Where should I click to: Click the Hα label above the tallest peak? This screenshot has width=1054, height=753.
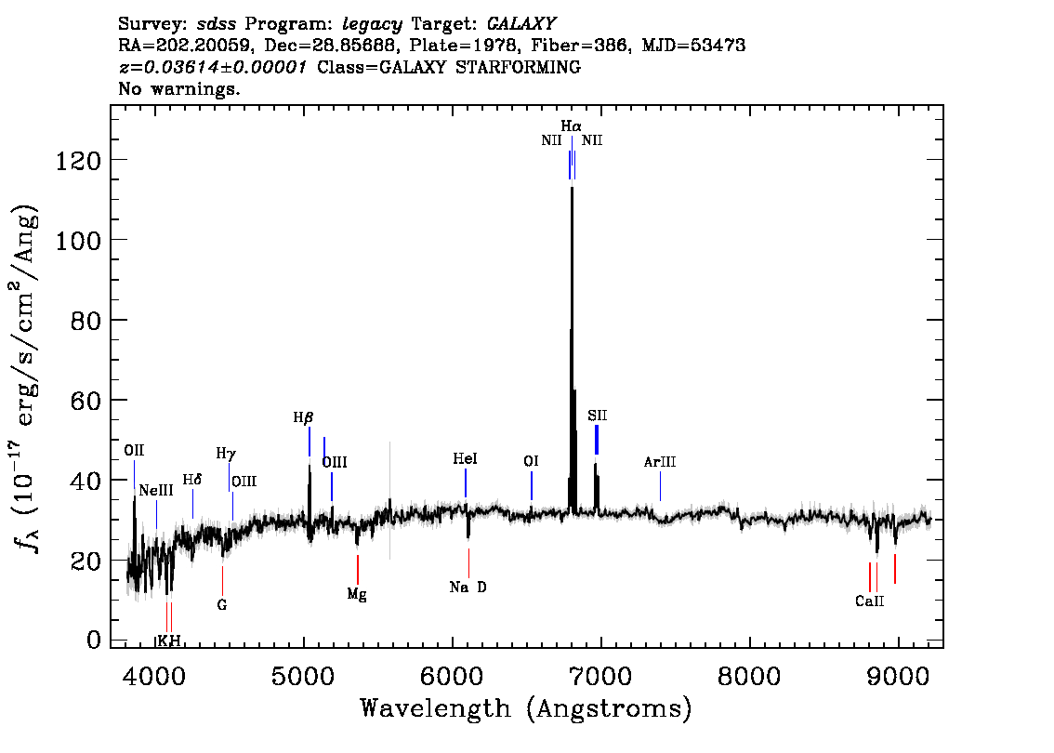tap(571, 125)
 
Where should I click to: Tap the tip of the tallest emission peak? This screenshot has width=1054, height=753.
tap(572, 188)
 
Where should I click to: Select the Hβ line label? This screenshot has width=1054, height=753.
tap(303, 417)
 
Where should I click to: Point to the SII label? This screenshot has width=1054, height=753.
tap(597, 416)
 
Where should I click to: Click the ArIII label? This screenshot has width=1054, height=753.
tap(659, 462)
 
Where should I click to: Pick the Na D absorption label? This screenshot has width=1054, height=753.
tap(468, 587)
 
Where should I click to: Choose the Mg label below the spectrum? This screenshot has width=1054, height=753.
tap(357, 595)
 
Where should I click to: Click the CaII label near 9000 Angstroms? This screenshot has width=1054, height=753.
tap(869, 601)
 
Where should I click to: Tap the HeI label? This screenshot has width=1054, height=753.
tap(465, 458)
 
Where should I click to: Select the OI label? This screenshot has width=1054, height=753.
tap(531, 461)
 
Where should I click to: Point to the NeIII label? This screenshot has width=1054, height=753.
tap(156, 491)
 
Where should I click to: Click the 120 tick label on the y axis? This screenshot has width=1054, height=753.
tap(78, 161)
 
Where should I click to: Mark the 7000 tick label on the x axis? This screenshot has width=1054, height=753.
tap(600, 677)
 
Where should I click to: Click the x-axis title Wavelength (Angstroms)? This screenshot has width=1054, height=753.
tap(526, 708)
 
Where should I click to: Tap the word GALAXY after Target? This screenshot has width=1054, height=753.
tap(521, 24)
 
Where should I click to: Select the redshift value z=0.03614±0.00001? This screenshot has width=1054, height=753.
tap(213, 67)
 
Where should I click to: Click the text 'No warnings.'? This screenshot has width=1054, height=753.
tap(178, 88)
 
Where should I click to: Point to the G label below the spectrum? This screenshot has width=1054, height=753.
tap(222, 605)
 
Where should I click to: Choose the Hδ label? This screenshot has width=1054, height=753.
tap(192, 480)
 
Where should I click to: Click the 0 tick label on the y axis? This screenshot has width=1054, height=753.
tap(94, 640)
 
